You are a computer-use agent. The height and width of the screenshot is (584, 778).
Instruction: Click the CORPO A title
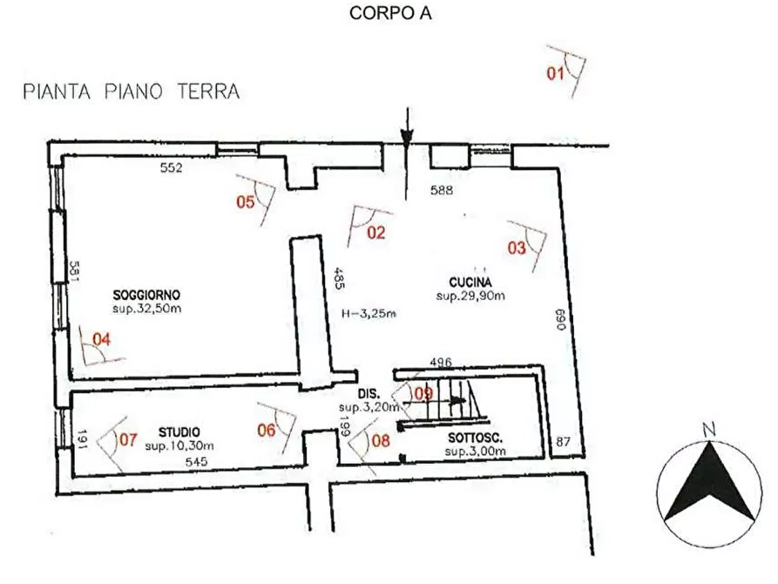[x=390, y=13]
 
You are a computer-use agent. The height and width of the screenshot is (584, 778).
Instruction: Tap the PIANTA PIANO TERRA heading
[x=132, y=92]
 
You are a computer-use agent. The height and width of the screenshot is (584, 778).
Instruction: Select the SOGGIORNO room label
[x=146, y=295]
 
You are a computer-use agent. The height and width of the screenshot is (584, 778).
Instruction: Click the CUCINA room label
[x=470, y=282]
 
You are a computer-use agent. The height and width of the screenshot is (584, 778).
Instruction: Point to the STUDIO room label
[x=179, y=432]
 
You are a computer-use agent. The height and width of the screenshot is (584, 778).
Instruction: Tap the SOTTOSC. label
[x=476, y=438]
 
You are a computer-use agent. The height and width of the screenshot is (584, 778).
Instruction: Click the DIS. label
[x=369, y=394]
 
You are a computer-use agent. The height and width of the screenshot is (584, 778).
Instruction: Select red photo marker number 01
[x=555, y=73]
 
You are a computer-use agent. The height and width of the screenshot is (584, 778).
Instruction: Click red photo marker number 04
[x=102, y=340]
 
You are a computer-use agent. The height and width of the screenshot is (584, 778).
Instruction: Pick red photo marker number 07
[x=128, y=439]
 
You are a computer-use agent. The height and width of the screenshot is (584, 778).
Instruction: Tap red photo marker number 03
[x=517, y=248]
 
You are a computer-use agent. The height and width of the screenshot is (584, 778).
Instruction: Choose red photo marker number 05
[x=246, y=202]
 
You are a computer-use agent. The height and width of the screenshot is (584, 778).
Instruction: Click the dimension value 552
[x=171, y=168]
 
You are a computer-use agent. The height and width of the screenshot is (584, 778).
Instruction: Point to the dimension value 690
[x=561, y=320]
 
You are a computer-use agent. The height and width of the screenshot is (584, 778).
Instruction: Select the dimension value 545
[x=196, y=462]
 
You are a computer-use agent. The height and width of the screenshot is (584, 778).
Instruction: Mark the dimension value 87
[x=563, y=441]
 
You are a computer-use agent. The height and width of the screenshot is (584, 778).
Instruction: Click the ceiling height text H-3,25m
[x=369, y=313]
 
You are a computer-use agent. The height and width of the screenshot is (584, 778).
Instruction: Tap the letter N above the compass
[x=709, y=430]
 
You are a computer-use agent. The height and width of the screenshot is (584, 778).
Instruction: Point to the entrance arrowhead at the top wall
[x=407, y=139]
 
